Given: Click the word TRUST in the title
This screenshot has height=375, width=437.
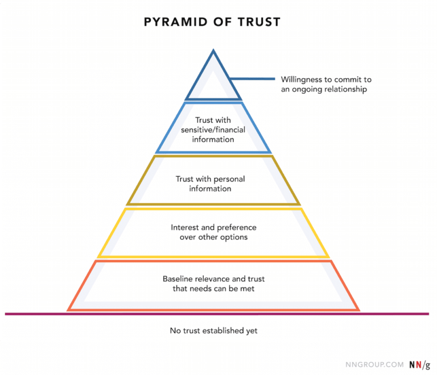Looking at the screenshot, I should (259, 22).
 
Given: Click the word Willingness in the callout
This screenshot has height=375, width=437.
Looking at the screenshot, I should (300, 80).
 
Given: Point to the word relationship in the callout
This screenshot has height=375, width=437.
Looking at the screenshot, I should (344, 89).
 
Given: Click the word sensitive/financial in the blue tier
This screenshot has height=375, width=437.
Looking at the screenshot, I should (213, 130).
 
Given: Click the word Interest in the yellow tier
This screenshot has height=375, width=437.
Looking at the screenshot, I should (184, 227).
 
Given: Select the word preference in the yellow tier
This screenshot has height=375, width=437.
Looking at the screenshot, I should (236, 227).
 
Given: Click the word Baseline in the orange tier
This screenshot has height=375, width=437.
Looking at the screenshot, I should (178, 279).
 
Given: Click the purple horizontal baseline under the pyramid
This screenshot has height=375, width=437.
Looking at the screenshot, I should (393, 314).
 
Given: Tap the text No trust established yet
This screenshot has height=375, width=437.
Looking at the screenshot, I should (213, 330).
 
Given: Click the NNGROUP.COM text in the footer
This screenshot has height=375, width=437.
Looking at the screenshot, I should (374, 364).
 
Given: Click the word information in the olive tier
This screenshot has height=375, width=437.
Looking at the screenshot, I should (210, 189).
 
